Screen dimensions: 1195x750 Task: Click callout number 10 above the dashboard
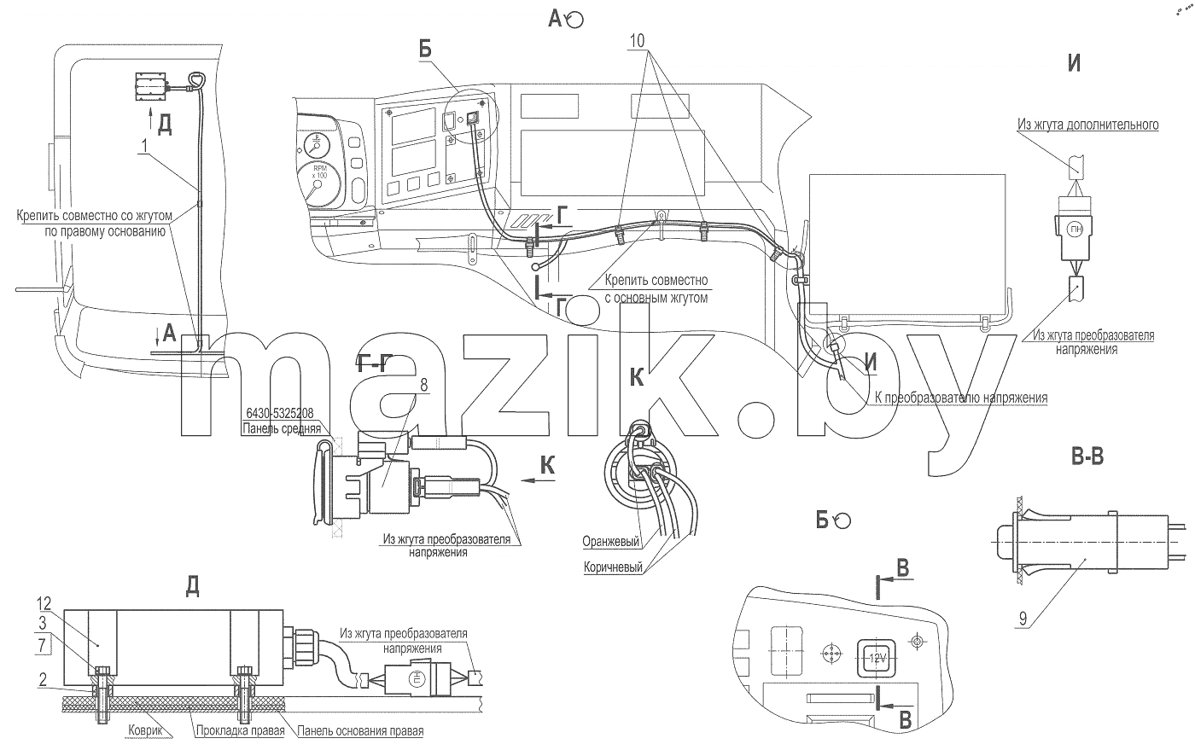(x=637, y=41)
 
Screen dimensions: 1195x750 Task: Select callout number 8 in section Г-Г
(x=423, y=385)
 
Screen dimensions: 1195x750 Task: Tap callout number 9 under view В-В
(x=1023, y=619)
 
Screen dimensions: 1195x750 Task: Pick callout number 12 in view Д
(x=44, y=603)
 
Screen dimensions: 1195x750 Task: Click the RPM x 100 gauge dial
(x=318, y=184)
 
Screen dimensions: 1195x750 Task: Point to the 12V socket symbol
(x=877, y=658)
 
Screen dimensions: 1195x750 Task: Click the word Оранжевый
(x=610, y=542)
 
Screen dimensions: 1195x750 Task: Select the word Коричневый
(x=613, y=567)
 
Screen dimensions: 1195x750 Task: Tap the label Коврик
(x=145, y=730)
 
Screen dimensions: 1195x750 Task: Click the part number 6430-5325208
(x=280, y=414)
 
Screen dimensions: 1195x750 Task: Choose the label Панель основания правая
(x=360, y=730)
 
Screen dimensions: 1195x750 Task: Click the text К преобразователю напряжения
(x=961, y=398)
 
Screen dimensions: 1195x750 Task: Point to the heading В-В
(x=1087, y=456)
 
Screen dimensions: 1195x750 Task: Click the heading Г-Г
(x=374, y=364)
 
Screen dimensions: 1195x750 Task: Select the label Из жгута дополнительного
(x=1087, y=125)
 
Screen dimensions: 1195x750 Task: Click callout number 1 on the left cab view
(x=144, y=145)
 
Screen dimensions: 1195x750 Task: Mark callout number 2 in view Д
(x=43, y=679)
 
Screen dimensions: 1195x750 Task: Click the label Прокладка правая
(x=240, y=730)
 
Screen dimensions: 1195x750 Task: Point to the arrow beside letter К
(x=537, y=480)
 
